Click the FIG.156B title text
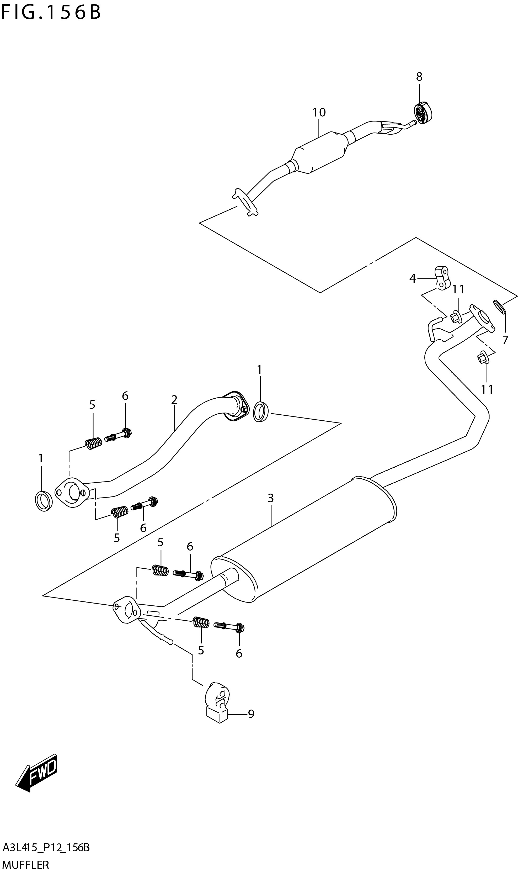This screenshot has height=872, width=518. pos(51,13)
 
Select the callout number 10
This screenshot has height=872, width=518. pos(319,113)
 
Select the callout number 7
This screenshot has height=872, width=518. pos(505,340)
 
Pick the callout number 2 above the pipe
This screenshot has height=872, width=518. pos(174,399)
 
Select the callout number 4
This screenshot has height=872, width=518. pos(413,279)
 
